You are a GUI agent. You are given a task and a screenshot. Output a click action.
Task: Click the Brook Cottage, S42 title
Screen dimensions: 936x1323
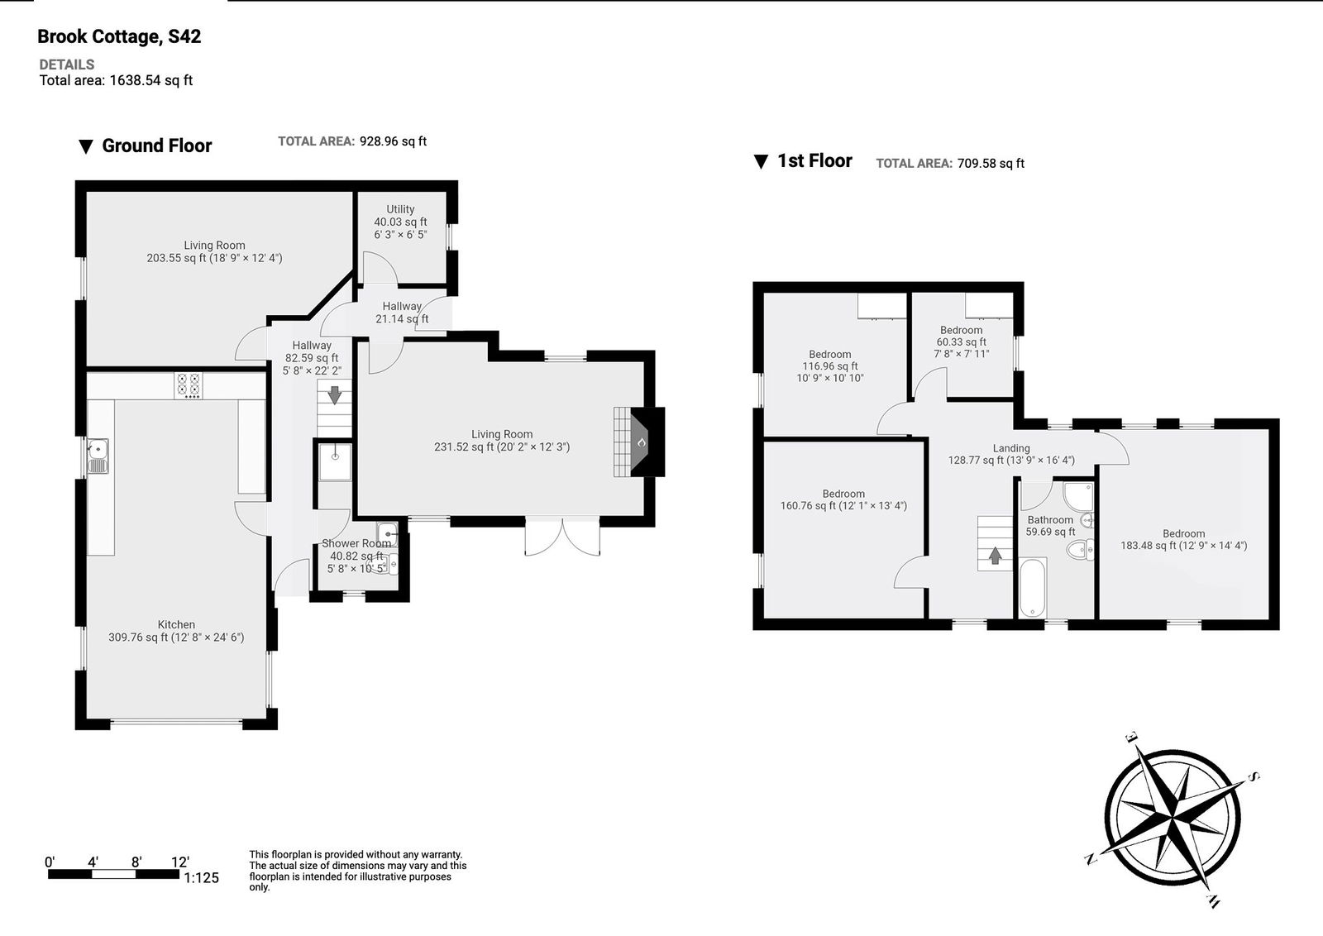coord(119,36)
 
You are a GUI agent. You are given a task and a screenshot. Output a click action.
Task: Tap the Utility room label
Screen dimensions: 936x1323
coord(400,210)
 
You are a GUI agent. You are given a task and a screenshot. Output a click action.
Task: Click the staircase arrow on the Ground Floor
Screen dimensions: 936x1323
coord(334,395)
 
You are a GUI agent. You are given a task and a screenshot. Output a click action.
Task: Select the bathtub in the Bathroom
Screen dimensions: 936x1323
coord(1033,588)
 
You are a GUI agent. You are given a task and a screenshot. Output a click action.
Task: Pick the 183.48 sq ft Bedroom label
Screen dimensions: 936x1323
coord(1183,540)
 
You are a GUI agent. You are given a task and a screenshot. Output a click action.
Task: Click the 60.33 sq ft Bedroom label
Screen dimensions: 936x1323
coord(961,341)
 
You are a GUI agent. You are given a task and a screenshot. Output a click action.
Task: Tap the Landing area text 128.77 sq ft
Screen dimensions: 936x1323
coord(1010,461)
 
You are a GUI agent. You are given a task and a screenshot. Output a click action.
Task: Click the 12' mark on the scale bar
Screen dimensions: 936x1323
coord(179,862)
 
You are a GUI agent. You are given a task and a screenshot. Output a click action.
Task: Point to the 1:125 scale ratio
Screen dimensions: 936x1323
coord(201,878)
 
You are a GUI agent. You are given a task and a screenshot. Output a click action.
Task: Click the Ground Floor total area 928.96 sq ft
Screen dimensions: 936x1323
coord(393,141)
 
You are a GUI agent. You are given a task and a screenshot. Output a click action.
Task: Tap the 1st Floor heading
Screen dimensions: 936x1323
coord(814,161)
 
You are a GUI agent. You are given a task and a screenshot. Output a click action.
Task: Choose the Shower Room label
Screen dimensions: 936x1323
coord(356,544)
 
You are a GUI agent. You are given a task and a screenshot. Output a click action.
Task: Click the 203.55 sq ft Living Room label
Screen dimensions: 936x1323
coord(214,251)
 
